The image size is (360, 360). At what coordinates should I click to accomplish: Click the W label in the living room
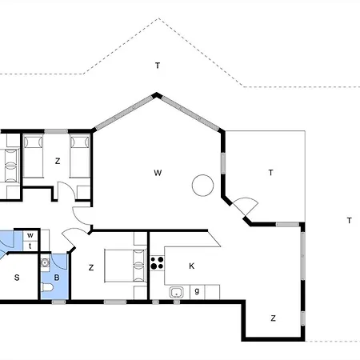pyautogui.click(x=158, y=173)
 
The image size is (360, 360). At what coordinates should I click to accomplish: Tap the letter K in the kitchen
pyautogui.click(x=191, y=266)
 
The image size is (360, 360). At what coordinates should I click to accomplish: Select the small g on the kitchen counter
pyautogui.click(x=197, y=290)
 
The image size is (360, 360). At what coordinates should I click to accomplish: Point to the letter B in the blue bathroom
pyautogui.click(x=57, y=278)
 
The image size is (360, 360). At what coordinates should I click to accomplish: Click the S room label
pyautogui.click(x=17, y=278)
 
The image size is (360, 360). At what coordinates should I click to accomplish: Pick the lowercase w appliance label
pyautogui.click(x=30, y=235)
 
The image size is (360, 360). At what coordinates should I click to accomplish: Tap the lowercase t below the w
pyautogui.click(x=30, y=246)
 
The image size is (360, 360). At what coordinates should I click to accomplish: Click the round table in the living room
pyautogui.click(x=202, y=186)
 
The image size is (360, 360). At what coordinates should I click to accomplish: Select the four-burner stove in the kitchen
pyautogui.click(x=157, y=262)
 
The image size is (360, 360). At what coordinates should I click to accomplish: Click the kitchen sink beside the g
pyautogui.click(x=176, y=292)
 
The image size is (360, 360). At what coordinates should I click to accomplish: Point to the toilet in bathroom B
pyautogui.click(x=47, y=287)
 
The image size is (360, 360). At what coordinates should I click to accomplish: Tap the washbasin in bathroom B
pyautogui.click(x=45, y=263)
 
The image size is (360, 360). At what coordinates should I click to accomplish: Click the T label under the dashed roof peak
pyautogui.click(x=158, y=66)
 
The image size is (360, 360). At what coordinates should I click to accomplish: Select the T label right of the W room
pyautogui.click(x=270, y=173)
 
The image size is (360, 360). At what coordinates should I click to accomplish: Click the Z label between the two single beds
pyautogui.click(x=58, y=161)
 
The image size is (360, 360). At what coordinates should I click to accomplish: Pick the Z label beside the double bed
pyautogui.click(x=91, y=267)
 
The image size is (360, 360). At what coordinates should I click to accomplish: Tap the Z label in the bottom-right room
pyautogui.click(x=273, y=318)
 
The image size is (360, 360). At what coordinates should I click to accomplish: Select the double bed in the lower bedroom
pyautogui.click(x=126, y=266)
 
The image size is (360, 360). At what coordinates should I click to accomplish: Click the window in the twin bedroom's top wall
pyautogui.click(x=56, y=131)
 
